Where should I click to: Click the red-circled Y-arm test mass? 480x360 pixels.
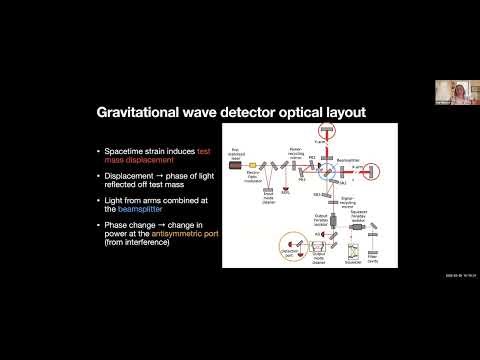pos(325,129)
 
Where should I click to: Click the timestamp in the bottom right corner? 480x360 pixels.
pos(454,278)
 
